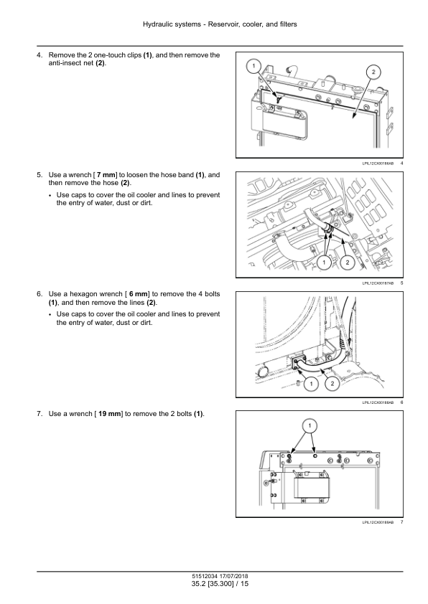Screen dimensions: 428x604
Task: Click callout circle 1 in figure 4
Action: (253, 66)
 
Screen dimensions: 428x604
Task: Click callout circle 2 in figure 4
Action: (373, 72)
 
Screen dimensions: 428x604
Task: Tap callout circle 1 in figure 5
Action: (324, 263)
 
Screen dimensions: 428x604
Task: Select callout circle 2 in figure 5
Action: (348, 263)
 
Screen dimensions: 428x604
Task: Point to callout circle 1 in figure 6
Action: (311, 384)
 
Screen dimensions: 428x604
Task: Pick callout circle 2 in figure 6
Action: (332, 384)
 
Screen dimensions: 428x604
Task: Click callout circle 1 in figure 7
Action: (310, 425)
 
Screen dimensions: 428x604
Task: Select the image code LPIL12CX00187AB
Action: (378, 283)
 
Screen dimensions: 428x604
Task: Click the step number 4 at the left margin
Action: (39, 55)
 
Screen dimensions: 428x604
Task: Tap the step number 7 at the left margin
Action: (39, 414)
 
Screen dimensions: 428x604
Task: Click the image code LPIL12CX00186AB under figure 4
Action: (378, 164)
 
